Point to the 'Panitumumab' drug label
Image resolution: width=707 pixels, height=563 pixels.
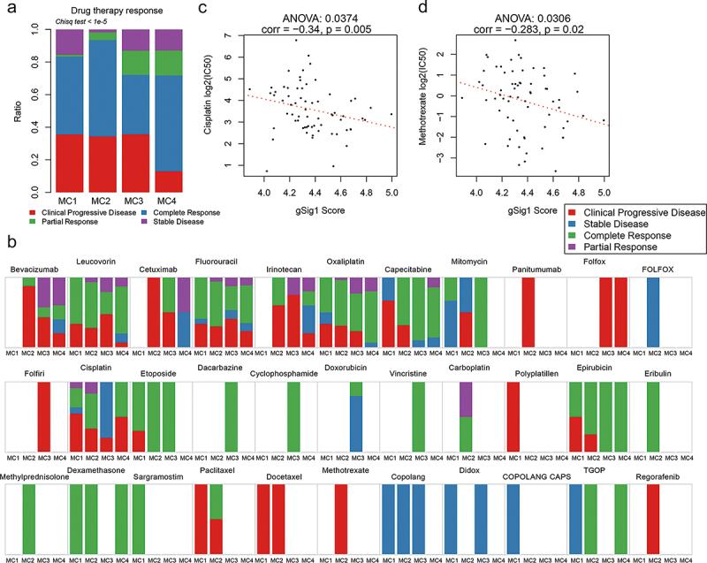pos(536,269)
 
